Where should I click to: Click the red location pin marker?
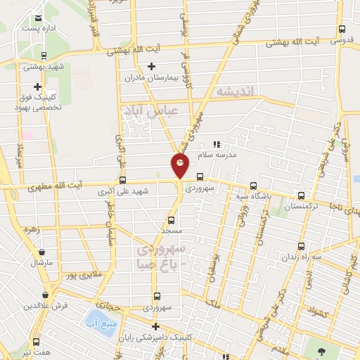tap(180, 166)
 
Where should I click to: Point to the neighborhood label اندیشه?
tap(239, 92)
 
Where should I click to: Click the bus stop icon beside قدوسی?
tap(342, 30)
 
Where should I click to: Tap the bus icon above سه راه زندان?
tap(302, 246)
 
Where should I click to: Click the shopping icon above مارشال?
tap(43, 251)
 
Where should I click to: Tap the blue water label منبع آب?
tap(97, 323)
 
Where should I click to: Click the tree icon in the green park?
tap(321, 350)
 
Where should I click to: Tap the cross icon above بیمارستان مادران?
tap(151, 65)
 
